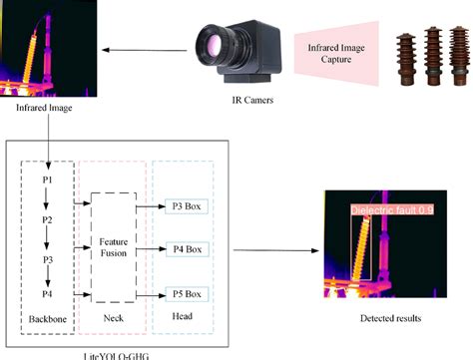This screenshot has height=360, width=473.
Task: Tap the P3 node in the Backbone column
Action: pyautogui.click(x=45, y=257)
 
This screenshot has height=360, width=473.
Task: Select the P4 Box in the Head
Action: pyautogui.click(x=186, y=248)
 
